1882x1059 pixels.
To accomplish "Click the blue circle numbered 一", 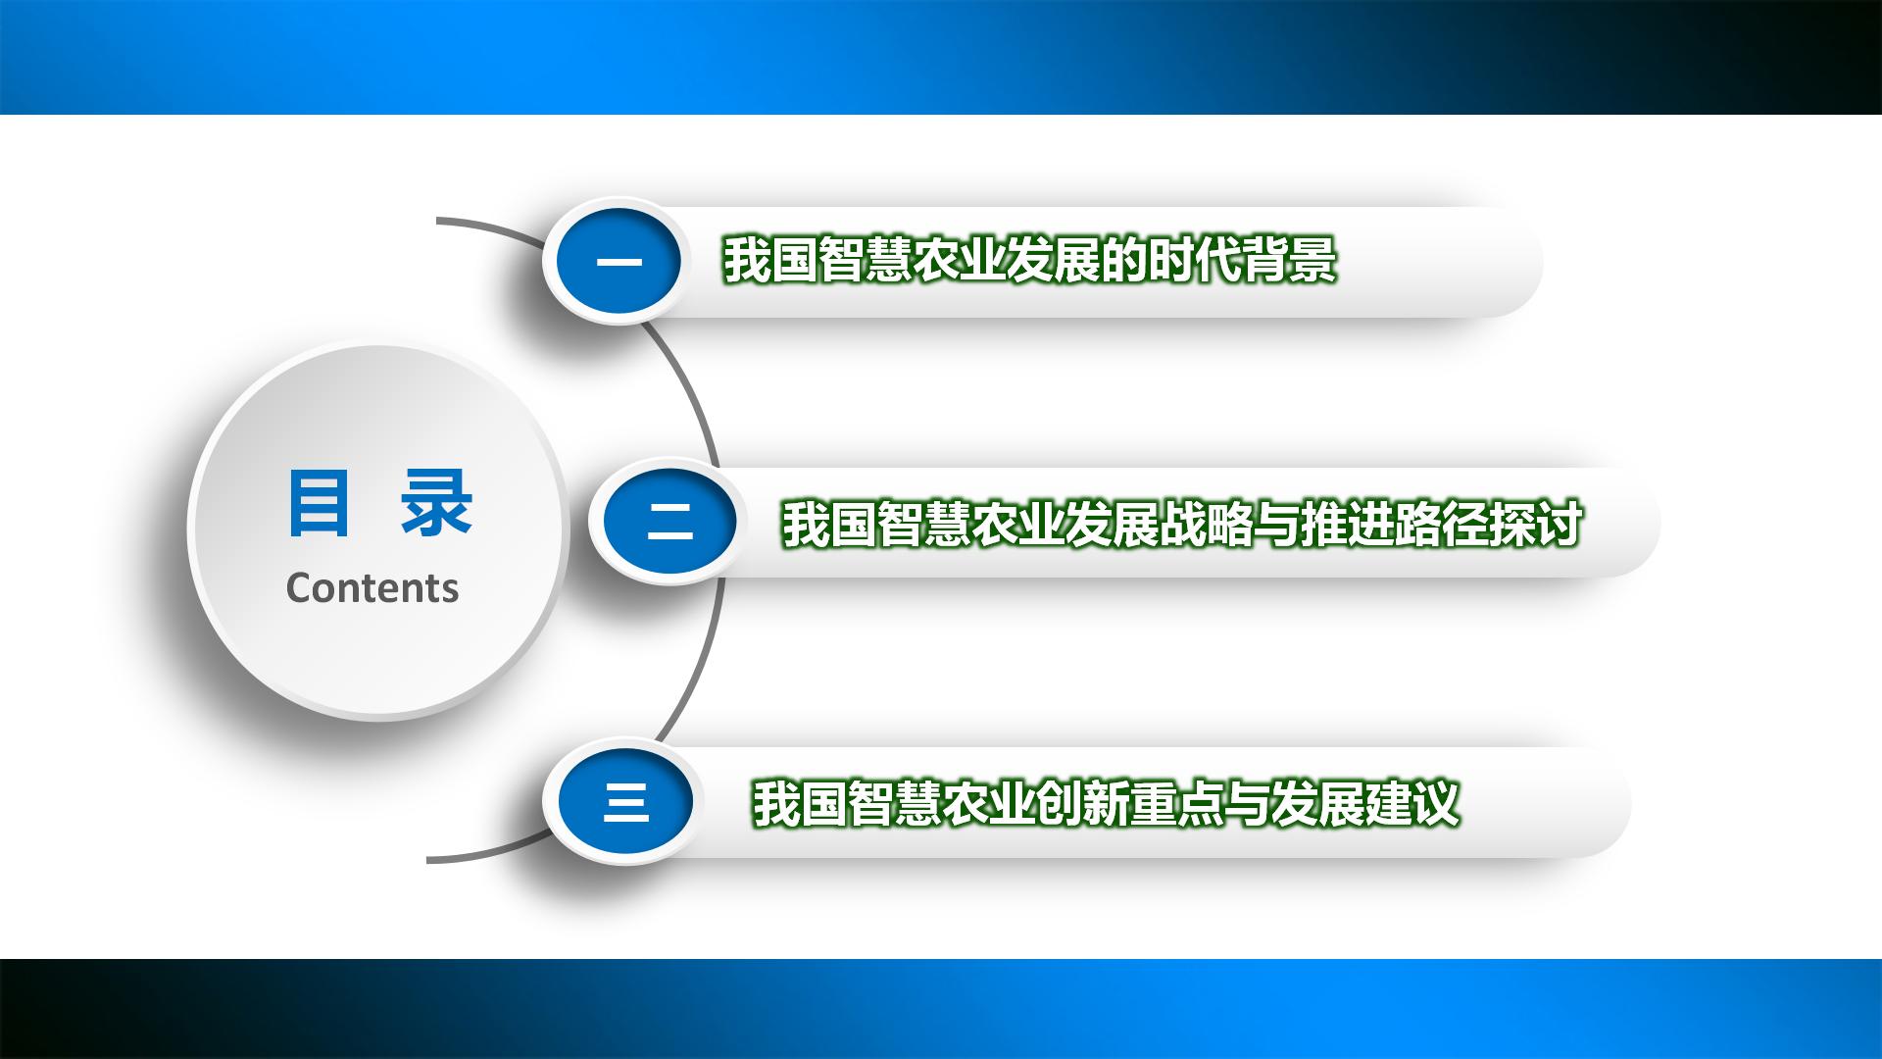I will point(619,262).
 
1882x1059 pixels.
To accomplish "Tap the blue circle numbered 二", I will point(669,522).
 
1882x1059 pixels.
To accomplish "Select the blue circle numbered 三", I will point(625,802).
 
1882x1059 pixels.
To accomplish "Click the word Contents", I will point(372,587).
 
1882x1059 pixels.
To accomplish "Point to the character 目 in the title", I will point(319,504).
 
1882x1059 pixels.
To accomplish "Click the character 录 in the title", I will point(437,504).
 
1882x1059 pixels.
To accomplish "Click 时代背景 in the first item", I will point(1242,261).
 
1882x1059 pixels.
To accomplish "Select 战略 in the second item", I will point(1207,524).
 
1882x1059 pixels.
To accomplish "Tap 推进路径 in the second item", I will point(1395,524).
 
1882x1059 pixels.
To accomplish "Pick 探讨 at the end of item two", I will point(1536,524).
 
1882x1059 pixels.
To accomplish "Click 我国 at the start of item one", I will point(770,261).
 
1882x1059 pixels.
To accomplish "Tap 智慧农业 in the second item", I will point(971,524).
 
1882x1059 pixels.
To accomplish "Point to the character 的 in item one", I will point(1123,261).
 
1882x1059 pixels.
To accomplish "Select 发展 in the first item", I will point(1053,261).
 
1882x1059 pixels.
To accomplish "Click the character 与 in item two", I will point(1277,524).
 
